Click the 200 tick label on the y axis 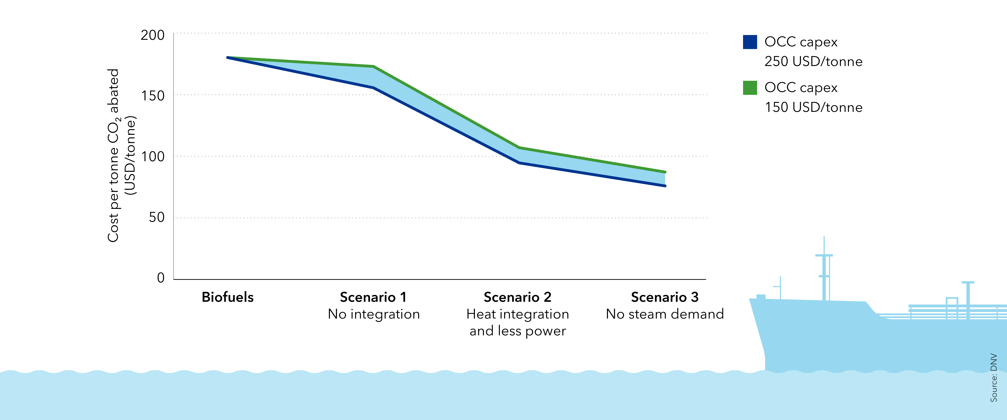pyautogui.click(x=153, y=35)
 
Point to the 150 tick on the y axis pyautogui.click(x=153, y=96)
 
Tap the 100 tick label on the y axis pyautogui.click(x=153, y=157)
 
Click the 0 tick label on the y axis pyautogui.click(x=161, y=278)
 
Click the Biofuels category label pyautogui.click(x=228, y=297)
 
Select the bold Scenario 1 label pyautogui.click(x=373, y=297)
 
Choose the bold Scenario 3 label pyautogui.click(x=665, y=297)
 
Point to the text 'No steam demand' pyautogui.click(x=665, y=314)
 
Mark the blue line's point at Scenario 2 pyautogui.click(x=519, y=163)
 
